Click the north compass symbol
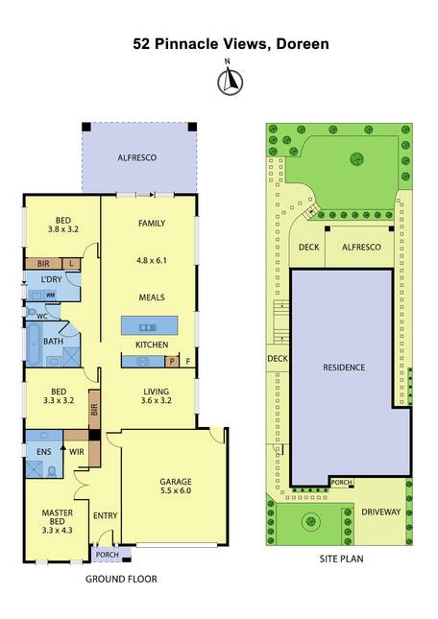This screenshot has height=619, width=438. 231,81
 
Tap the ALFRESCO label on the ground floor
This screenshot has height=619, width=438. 137,158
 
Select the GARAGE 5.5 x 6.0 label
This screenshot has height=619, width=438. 176,486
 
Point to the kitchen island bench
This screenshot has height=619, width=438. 149,325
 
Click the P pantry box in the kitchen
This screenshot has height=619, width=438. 172,361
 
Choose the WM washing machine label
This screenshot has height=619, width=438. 51,295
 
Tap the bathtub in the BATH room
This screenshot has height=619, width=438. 34,344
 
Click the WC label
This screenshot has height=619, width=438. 42,316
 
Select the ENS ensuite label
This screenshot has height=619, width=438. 44,451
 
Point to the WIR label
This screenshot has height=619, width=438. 77,452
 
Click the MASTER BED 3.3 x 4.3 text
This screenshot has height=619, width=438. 58,521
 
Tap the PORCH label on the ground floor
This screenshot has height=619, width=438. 108,555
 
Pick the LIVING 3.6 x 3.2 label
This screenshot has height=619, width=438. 156,396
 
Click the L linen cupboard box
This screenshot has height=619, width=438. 71,263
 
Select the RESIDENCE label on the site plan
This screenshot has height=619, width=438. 344,368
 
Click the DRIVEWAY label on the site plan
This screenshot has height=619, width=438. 381,512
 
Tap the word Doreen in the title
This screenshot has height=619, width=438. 303,43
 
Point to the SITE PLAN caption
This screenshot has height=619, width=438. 342,559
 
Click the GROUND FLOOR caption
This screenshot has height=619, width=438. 121,579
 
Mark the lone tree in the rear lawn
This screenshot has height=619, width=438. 357,159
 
